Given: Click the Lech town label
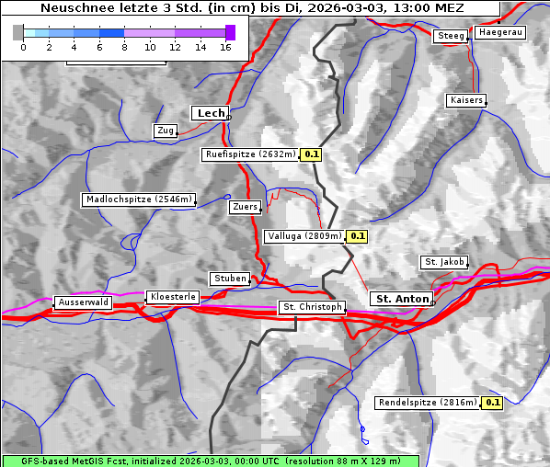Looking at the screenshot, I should pos(211,113).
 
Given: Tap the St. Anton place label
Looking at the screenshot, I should pos(403,299).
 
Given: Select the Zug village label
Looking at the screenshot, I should pos(166,131).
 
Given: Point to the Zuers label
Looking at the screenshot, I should pos(245,207).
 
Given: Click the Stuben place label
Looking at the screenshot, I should pos(229,279).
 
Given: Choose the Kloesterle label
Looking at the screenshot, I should pos(171,297).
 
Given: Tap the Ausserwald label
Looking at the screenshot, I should pos(83,302).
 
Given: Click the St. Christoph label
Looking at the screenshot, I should pos(312,307).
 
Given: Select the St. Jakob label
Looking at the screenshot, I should pos(444,262).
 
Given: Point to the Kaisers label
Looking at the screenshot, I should pos(465,99).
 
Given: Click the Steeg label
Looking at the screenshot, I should pos(451,36).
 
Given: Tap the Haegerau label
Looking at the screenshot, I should pos(500,32).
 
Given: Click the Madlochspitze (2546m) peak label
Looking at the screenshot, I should pos(138,199).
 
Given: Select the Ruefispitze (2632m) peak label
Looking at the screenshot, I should pos(250,154).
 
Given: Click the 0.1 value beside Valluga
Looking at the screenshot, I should pos(358,236).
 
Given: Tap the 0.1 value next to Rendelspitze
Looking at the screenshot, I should pos(493,403).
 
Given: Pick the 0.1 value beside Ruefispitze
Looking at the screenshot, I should pos(312,154).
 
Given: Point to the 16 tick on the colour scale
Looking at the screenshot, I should pos(225,47).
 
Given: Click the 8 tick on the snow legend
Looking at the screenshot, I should pos(124,47).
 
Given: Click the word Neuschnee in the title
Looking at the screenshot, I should pos(73,8).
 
